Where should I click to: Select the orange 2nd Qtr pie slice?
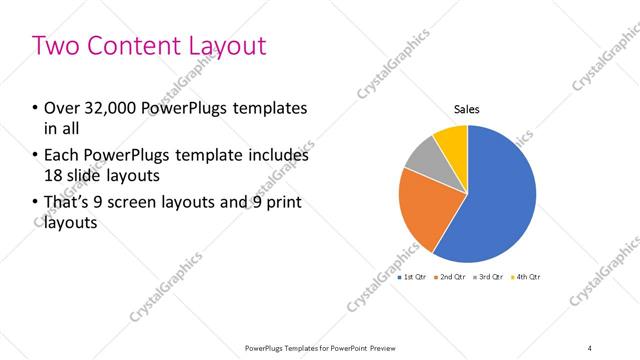[425, 210]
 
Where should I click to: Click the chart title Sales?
[467, 108]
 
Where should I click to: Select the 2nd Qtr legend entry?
[452, 275]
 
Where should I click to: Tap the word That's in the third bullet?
[66, 204]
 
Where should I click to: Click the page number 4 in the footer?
[589, 347]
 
